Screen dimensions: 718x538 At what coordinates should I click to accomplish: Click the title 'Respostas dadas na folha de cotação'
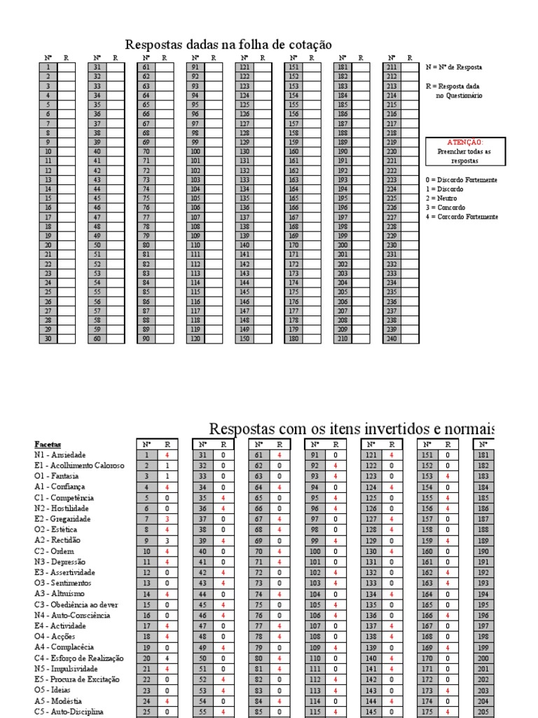228,45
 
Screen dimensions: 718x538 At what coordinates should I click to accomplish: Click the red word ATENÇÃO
465,142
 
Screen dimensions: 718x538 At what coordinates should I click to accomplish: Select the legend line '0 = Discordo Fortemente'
462,180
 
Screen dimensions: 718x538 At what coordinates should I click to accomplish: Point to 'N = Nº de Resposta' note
454,67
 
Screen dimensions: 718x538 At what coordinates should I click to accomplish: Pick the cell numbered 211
392,67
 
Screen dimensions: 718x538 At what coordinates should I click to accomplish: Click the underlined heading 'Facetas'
48,445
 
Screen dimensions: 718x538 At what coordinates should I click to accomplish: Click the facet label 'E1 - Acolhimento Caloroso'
79,466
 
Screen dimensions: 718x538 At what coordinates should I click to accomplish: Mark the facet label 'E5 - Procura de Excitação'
77,679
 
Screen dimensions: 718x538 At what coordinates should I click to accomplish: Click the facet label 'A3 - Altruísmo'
60,594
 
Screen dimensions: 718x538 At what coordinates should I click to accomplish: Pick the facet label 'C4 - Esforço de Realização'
79,658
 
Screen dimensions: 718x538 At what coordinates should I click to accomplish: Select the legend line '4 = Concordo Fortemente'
462,217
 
